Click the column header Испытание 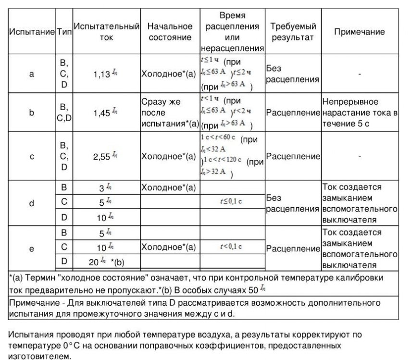[x=32, y=32]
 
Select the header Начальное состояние [x=170, y=32]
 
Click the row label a [x=32, y=74]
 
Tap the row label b [x=32, y=113]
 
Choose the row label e [x=32, y=248]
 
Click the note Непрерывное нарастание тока [x=360, y=113]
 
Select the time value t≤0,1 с [x=232, y=202]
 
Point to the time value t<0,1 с [x=232, y=247]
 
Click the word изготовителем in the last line [x=39, y=356]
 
